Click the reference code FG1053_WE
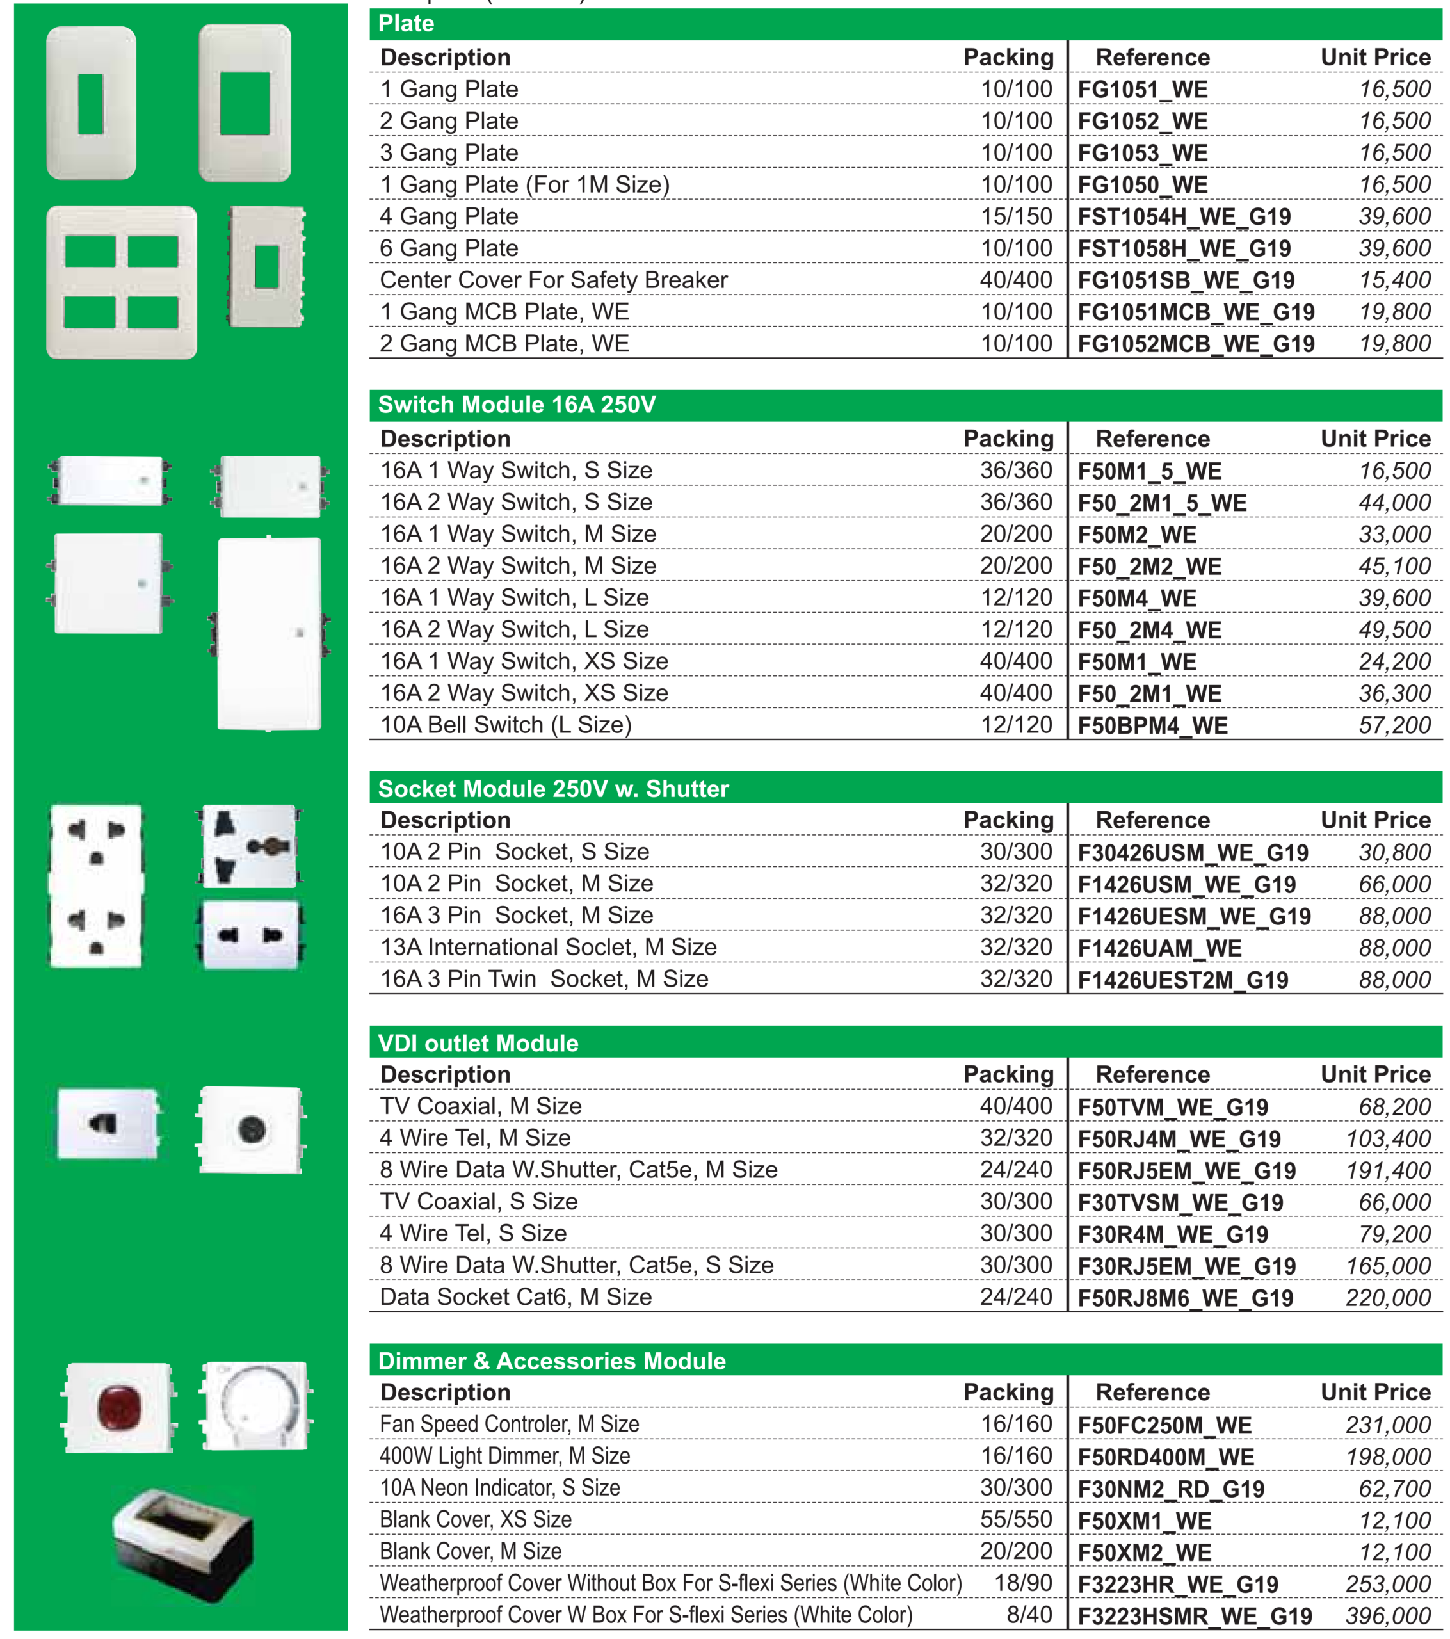pyautogui.click(x=1142, y=153)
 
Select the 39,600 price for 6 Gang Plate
pyautogui.click(x=1394, y=248)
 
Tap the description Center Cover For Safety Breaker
pyautogui.click(x=553, y=280)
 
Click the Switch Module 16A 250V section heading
pyautogui.click(x=517, y=405)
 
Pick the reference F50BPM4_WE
pyautogui.click(x=1152, y=725)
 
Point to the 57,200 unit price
pyautogui.click(x=1394, y=725)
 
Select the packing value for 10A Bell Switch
pyautogui.click(x=1015, y=725)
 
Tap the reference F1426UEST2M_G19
pyautogui.click(x=1183, y=980)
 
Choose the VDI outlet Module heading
pyautogui.click(x=478, y=1043)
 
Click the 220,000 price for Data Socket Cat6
pyautogui.click(x=1387, y=1297)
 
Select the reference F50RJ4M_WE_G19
pyautogui.click(x=1179, y=1138)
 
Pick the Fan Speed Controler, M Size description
pyautogui.click(x=510, y=1424)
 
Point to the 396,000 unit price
pyautogui.click(x=1387, y=1616)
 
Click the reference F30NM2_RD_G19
pyautogui.click(x=1171, y=1489)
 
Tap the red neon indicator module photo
pyautogui.click(x=118, y=1407)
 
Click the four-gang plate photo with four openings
pyautogui.click(x=121, y=282)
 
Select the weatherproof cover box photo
pyautogui.click(x=183, y=1544)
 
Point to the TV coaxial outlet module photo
pyautogui.click(x=251, y=1129)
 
